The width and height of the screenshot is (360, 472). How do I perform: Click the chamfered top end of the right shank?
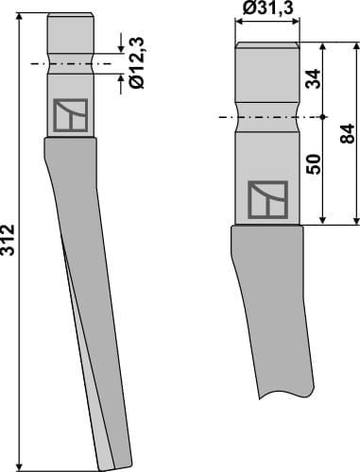(x=266, y=46)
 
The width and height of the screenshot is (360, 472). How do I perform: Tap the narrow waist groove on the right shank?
(x=266, y=117)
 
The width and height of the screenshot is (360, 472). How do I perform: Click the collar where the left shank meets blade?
(x=71, y=141)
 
